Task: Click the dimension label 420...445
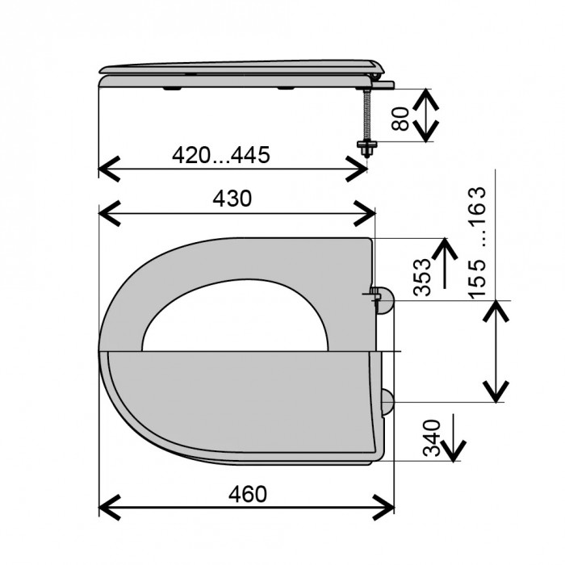(221, 155)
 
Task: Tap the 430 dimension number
(232, 199)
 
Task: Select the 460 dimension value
(248, 494)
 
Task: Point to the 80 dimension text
(400, 119)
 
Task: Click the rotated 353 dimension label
(421, 277)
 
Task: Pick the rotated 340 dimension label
(432, 437)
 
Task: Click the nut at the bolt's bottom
(366, 146)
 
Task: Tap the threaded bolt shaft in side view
(366, 115)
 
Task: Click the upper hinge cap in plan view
(386, 300)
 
